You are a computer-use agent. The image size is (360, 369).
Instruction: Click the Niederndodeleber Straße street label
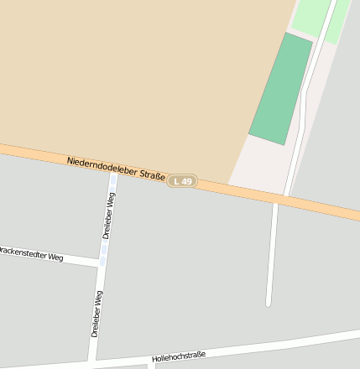[x=116, y=167]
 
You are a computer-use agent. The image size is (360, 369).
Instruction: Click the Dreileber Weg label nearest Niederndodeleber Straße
[x=109, y=216]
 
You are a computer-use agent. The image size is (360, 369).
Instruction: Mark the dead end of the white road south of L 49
[x=269, y=303]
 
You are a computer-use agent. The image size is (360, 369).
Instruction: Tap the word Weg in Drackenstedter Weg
[x=55, y=257]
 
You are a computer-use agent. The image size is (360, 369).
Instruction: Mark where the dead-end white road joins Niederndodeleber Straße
[x=275, y=200]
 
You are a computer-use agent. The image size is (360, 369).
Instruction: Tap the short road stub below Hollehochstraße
[x=151, y=365]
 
